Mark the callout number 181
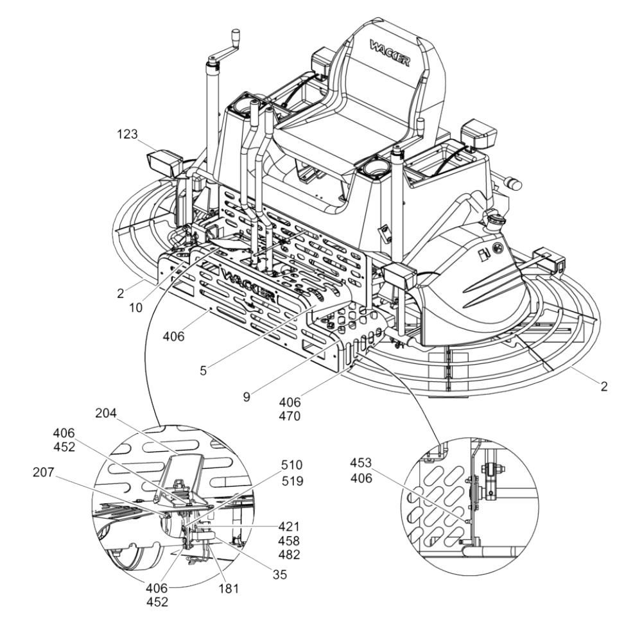229,587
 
